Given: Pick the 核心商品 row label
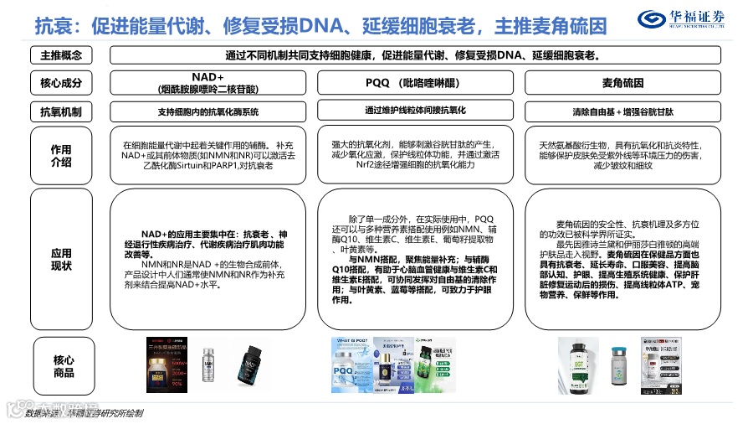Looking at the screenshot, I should pos(64,365).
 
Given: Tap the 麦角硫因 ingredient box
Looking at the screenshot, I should pos(622,83).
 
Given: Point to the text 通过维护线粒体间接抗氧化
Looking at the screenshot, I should pos(415,110).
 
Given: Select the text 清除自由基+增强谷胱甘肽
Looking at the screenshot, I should pos(622,111).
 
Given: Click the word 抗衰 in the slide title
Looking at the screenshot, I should pos(53,24).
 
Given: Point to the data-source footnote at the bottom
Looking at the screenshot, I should pos(84,413).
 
